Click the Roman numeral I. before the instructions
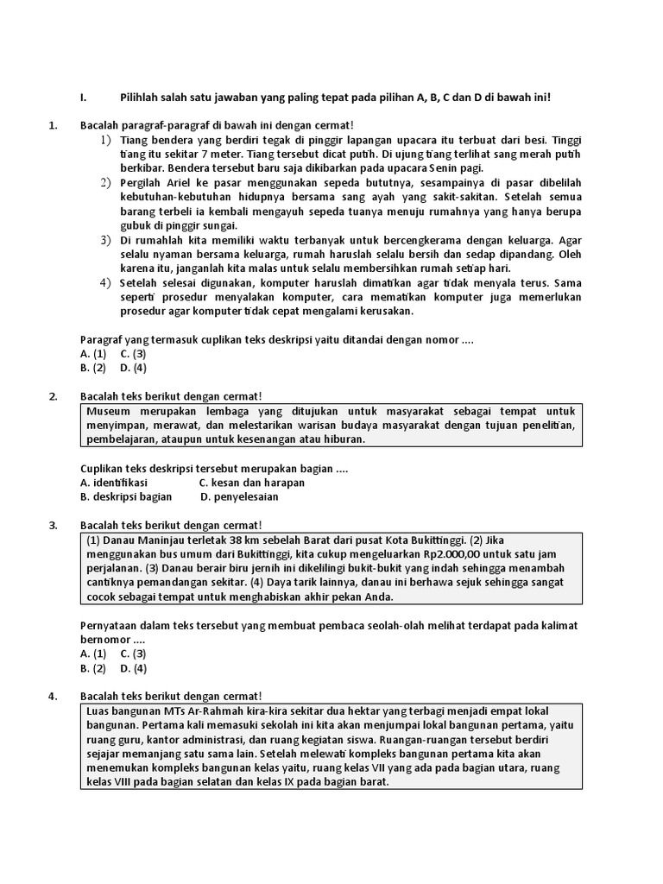pyautogui.click(x=83, y=98)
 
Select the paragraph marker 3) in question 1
pyautogui.click(x=105, y=239)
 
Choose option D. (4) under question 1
pyautogui.click(x=133, y=367)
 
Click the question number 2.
pyautogui.click(x=54, y=396)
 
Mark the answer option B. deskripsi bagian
pyautogui.click(x=126, y=496)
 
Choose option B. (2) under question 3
pyautogui.click(x=93, y=667)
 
